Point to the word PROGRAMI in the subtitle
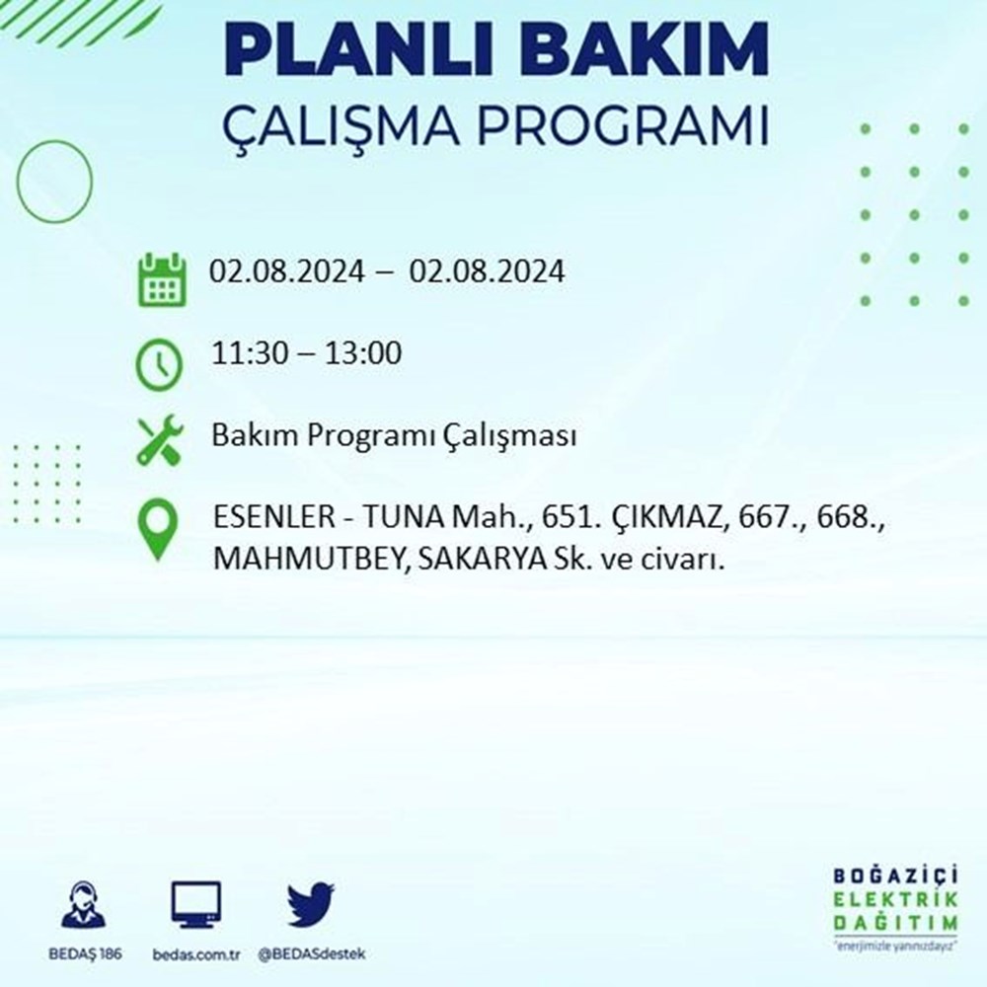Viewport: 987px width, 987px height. [x=622, y=126]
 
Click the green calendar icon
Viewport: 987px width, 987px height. [x=162, y=279]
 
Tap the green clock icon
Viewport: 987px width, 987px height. [x=159, y=364]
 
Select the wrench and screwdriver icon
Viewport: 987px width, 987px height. [x=161, y=440]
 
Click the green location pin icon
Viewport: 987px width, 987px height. [x=158, y=529]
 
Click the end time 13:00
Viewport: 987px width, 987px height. [x=363, y=352]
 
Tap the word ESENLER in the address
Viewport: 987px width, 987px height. [x=274, y=517]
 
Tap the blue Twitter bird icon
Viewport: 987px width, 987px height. [x=310, y=904]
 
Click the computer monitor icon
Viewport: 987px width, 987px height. [x=195, y=905]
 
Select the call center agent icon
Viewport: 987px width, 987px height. [x=84, y=904]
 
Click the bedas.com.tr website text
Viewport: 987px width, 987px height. [x=196, y=954]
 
